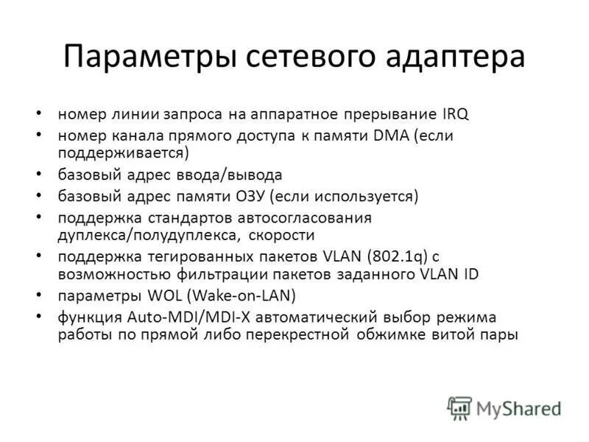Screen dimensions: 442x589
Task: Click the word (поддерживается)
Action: (124, 153)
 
